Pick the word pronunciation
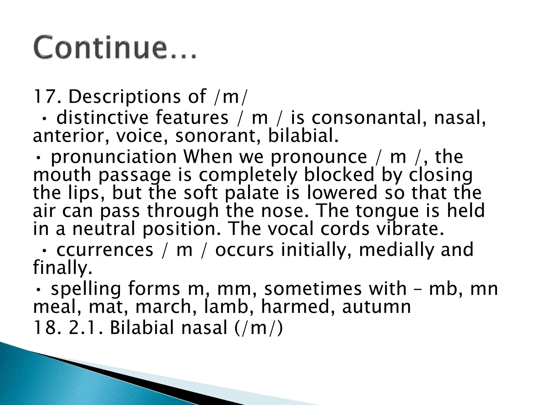(x=114, y=157)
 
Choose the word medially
(x=396, y=250)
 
